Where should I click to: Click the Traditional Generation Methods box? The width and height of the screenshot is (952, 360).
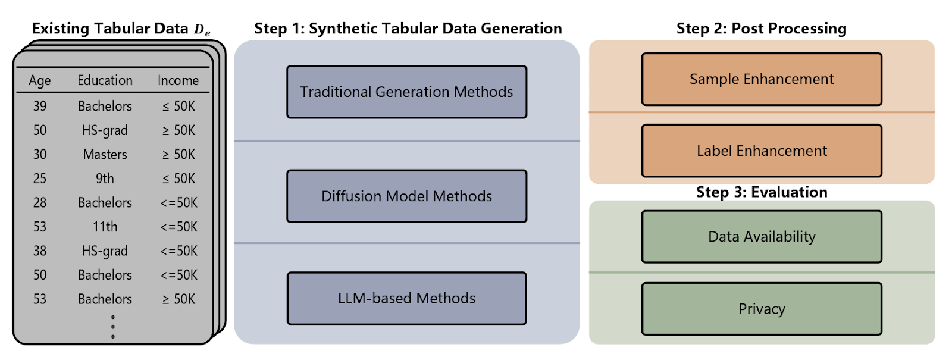coord(406,92)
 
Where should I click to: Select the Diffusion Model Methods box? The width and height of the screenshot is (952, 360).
coord(406,196)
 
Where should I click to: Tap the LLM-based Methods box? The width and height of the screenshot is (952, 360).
coord(406,298)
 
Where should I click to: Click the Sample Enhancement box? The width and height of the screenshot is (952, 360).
coord(762,79)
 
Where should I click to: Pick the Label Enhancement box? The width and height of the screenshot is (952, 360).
coord(762,151)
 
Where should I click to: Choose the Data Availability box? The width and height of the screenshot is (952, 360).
coord(762,236)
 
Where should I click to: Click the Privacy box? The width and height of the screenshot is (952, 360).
coord(762,309)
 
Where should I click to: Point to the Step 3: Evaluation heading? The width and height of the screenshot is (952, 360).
coord(762,192)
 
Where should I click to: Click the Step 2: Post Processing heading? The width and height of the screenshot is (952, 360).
coord(762,29)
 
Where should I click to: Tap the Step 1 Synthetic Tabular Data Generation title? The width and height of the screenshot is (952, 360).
coord(408,29)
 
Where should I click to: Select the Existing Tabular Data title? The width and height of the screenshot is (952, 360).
coord(121,29)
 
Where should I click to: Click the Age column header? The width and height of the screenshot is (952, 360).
coord(40,80)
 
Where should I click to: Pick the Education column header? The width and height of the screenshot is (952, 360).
coord(105,80)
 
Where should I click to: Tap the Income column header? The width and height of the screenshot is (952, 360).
coord(178,80)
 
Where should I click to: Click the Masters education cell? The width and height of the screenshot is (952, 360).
coord(105,155)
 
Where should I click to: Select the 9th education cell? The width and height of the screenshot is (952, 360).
coord(105,179)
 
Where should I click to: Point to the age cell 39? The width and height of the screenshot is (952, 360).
coord(40,106)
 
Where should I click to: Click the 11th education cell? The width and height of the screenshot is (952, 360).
coord(105,227)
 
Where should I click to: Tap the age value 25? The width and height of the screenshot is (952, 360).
coord(40,179)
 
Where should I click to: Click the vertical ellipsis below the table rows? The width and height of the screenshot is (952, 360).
coord(112,327)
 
